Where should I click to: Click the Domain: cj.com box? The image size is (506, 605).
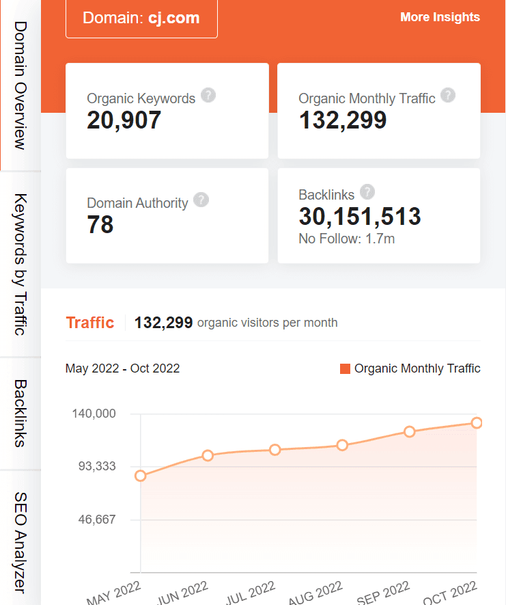click(141, 18)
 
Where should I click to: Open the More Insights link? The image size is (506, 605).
click(440, 17)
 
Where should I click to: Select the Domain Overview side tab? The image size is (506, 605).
click(20, 85)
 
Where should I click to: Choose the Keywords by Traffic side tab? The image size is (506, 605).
click(20, 265)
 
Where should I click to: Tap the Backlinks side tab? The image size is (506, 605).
click(20, 413)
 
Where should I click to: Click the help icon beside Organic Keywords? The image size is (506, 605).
click(209, 95)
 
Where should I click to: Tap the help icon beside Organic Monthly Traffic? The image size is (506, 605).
click(448, 95)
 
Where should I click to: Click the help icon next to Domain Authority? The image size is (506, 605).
click(201, 200)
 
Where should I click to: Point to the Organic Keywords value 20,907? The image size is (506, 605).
click(124, 120)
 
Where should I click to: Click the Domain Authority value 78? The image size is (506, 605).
click(100, 225)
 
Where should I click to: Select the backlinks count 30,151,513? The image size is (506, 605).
click(360, 217)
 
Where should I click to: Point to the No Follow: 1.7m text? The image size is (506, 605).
click(347, 239)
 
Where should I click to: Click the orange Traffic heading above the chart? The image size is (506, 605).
click(89, 323)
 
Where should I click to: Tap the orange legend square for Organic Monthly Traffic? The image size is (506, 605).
click(345, 369)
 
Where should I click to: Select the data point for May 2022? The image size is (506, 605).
click(141, 476)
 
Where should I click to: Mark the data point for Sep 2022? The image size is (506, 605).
click(410, 431)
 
